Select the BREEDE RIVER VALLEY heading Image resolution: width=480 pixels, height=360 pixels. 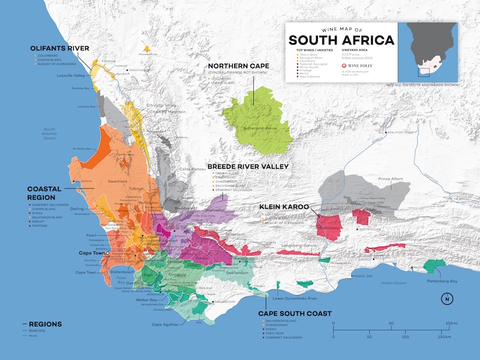click(x=248, y=166)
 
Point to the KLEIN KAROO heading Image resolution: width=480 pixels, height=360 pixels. click(x=284, y=206)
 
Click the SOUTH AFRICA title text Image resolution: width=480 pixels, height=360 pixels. click(x=341, y=40)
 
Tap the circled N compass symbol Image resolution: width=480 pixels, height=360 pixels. click(x=446, y=299)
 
